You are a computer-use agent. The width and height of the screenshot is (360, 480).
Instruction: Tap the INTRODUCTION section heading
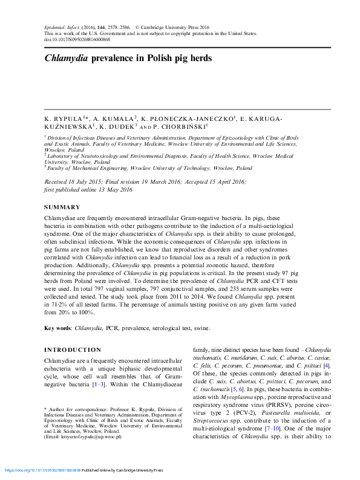pyautogui.click(x=73, y=350)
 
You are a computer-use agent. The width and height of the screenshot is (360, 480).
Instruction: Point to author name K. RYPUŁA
pyautogui.click(x=64, y=120)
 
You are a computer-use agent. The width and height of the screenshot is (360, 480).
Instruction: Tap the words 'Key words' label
pyautogui.click(x=57, y=328)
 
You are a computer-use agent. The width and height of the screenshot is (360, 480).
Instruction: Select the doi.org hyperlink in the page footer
pyautogui.click(x=43, y=470)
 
